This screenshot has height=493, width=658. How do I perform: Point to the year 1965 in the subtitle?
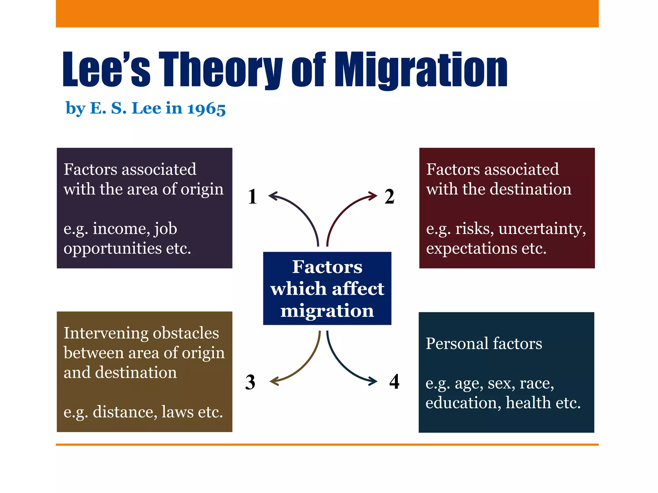pos(206,109)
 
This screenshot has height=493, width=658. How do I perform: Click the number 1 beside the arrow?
pos(252,196)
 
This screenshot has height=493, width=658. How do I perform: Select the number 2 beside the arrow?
pos(389,196)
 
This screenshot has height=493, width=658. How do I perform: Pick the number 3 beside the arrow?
pos(250,382)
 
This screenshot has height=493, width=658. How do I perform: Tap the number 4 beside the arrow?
pos(394,381)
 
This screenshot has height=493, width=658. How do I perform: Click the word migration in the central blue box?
pos(327,311)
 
